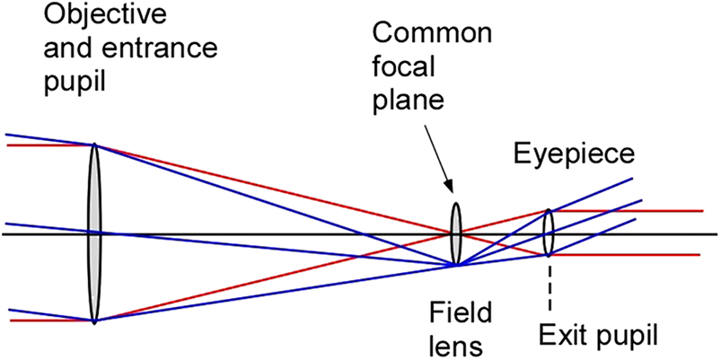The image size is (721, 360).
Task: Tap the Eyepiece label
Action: [575, 156]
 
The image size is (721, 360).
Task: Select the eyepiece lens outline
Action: [548, 233]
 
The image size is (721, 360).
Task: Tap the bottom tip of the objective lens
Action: [94, 320]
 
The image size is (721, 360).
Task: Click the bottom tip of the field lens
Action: [456, 265]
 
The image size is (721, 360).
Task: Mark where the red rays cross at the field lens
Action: [453, 233]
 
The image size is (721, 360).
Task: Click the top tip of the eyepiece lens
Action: [548, 211]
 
